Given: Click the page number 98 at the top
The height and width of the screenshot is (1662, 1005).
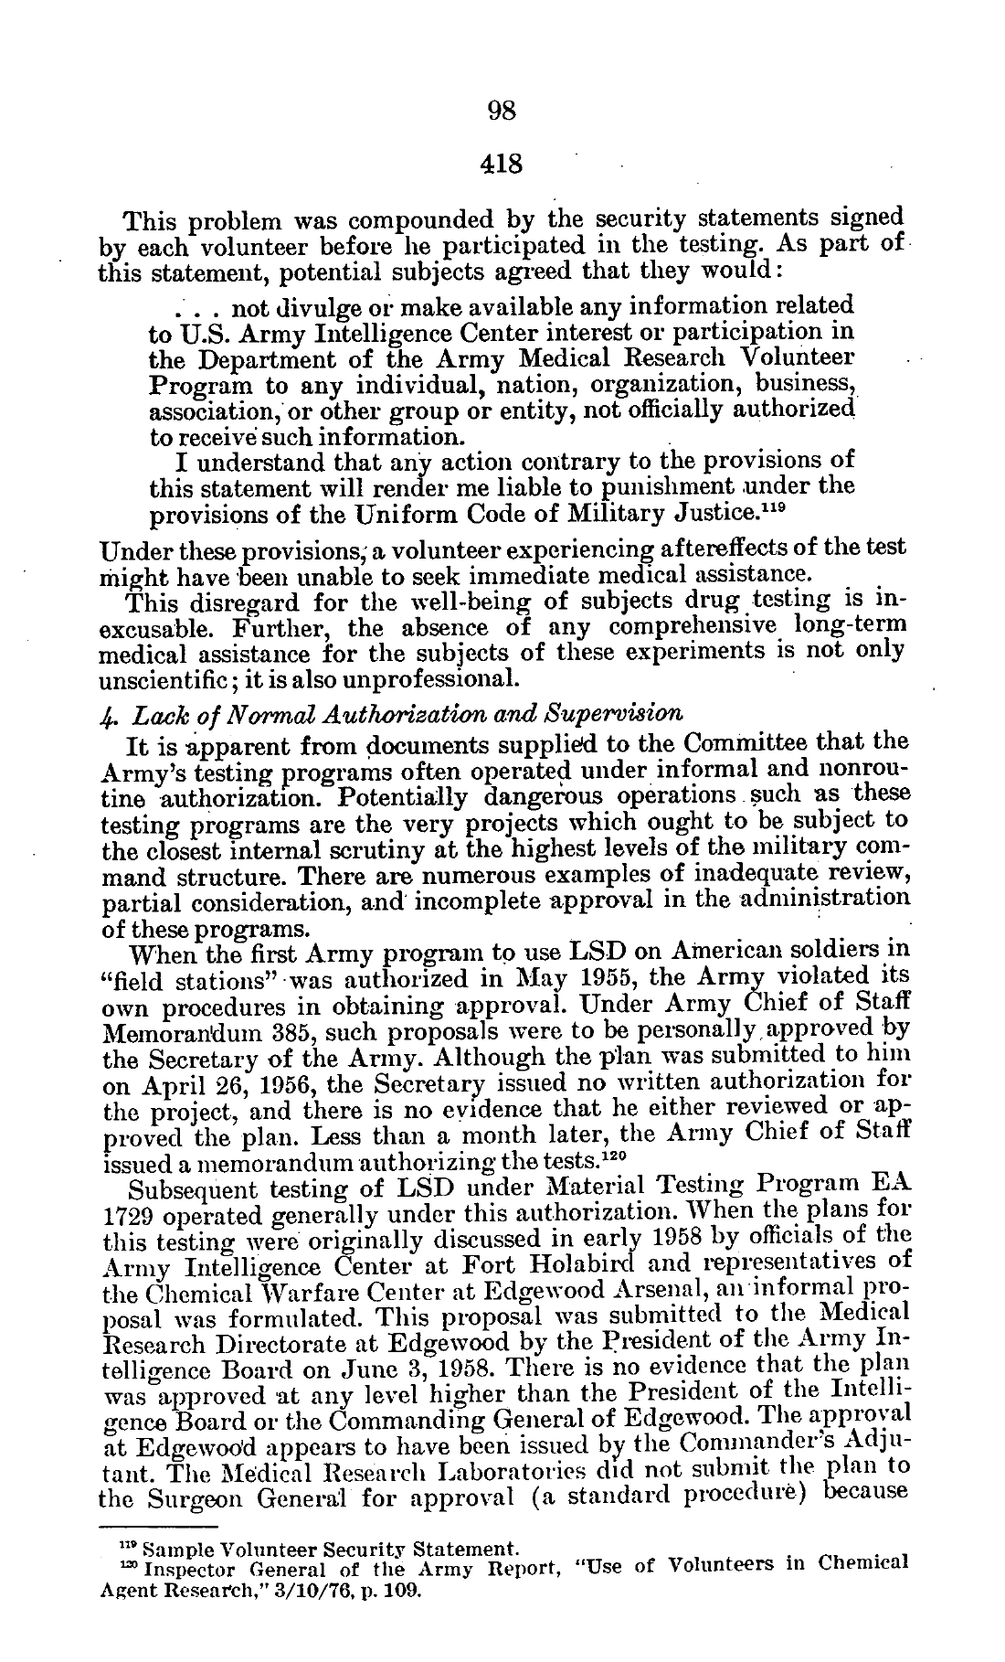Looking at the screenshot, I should (x=503, y=111).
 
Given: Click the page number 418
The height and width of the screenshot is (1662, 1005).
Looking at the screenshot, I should (x=503, y=165).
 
